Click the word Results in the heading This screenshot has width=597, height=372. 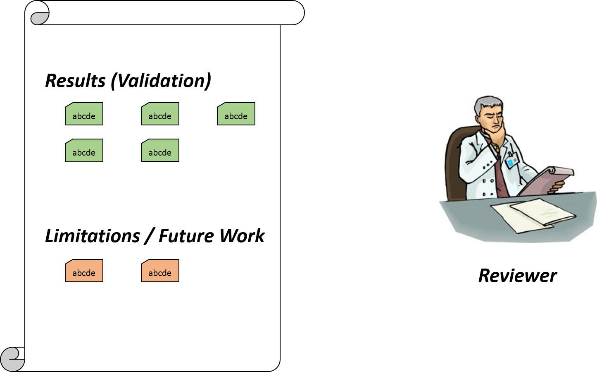click(75, 81)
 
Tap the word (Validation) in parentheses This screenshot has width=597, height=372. click(161, 81)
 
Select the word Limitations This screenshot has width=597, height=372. click(93, 236)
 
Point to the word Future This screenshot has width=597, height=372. click(187, 236)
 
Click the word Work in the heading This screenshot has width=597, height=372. click(242, 236)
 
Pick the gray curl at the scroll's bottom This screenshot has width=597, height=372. click(12, 359)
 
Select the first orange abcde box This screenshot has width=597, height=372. click(84, 271)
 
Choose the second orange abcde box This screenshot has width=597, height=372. click(160, 271)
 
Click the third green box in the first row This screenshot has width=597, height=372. click(236, 114)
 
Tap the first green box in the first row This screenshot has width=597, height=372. click(84, 114)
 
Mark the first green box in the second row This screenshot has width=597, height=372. click(84, 151)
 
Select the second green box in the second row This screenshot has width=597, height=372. click(160, 151)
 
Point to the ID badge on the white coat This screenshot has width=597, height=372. click(512, 160)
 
